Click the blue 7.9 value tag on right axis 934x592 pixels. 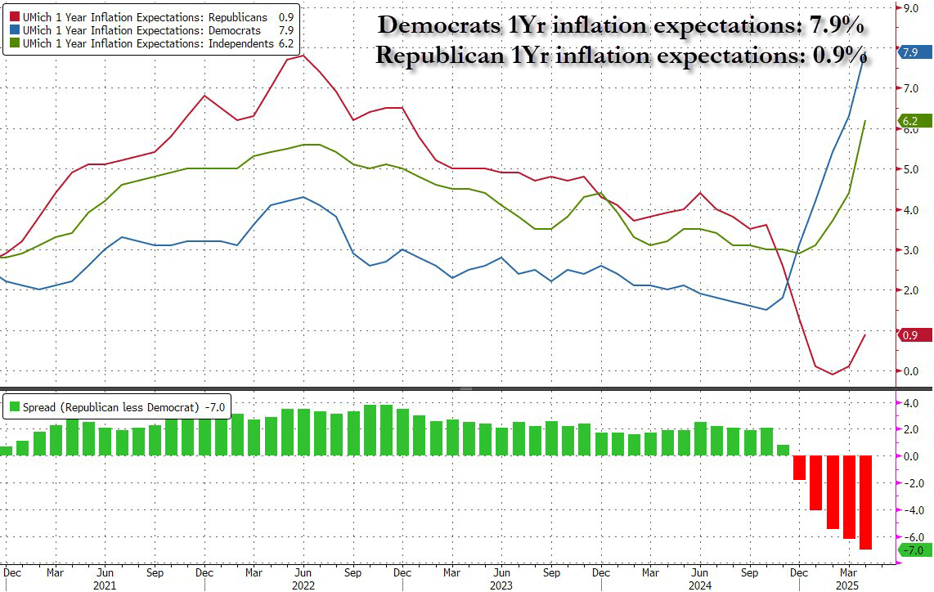(909, 52)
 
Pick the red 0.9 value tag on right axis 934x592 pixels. (909, 335)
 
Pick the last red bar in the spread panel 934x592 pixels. (865, 503)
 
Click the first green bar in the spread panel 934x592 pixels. (6, 451)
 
